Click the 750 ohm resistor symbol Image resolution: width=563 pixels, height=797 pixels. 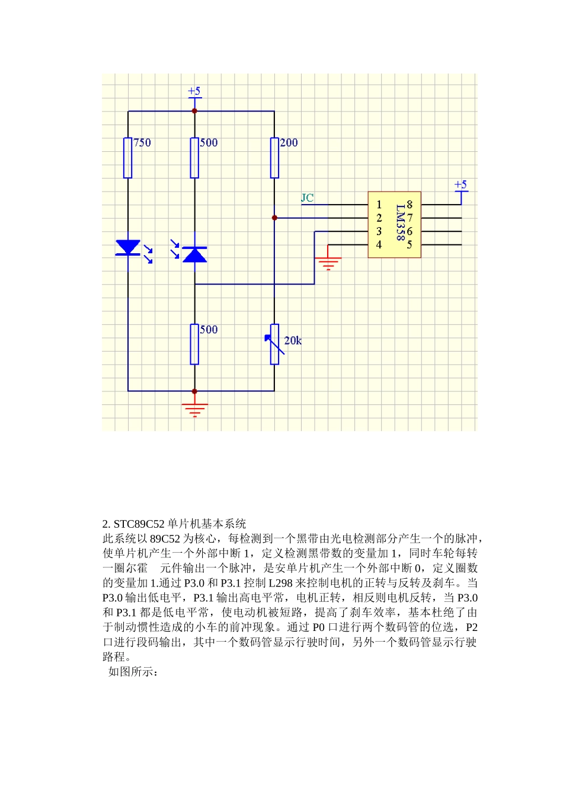click(x=127, y=158)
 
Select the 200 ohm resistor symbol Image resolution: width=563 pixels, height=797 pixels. click(x=274, y=158)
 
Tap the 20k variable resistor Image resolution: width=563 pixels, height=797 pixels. click(x=274, y=344)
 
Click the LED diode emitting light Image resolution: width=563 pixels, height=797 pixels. click(x=128, y=247)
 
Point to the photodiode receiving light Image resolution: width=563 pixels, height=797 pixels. click(x=194, y=254)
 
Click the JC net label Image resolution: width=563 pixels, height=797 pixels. click(x=307, y=198)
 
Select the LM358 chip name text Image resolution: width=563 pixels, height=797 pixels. click(x=401, y=222)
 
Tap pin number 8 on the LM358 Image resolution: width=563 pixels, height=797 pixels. click(x=410, y=205)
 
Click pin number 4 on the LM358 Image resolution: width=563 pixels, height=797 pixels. click(x=379, y=244)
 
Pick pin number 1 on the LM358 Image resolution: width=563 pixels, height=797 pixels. click(x=379, y=205)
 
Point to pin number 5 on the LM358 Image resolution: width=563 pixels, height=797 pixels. click(x=410, y=244)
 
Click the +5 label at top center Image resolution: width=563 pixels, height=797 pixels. click(x=194, y=92)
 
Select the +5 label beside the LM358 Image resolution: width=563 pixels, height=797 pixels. click(x=460, y=185)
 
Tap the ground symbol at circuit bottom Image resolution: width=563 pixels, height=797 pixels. click(x=194, y=409)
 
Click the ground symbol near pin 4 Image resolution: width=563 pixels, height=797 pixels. click(x=328, y=262)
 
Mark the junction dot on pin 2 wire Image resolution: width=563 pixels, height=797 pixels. click(x=274, y=218)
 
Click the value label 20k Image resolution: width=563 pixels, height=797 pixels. click(x=293, y=340)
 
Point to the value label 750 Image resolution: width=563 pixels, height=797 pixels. click(x=142, y=143)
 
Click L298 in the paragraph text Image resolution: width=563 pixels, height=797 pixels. click(x=280, y=583)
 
